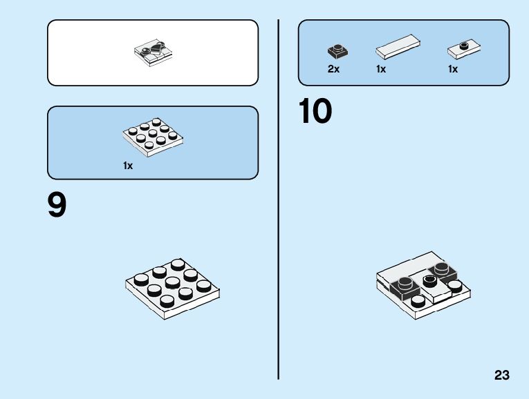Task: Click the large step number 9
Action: point(57,205)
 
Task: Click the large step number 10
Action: point(316,112)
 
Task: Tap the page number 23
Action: point(502,376)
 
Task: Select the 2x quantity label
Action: point(333,69)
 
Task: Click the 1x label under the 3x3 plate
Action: point(128,166)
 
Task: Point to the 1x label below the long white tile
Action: point(381,69)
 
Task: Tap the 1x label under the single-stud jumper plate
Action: point(453,69)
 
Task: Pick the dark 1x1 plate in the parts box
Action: point(337,50)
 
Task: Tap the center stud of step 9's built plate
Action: point(172,283)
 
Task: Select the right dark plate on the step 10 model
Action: point(440,271)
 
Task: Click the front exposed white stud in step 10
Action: point(418,301)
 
